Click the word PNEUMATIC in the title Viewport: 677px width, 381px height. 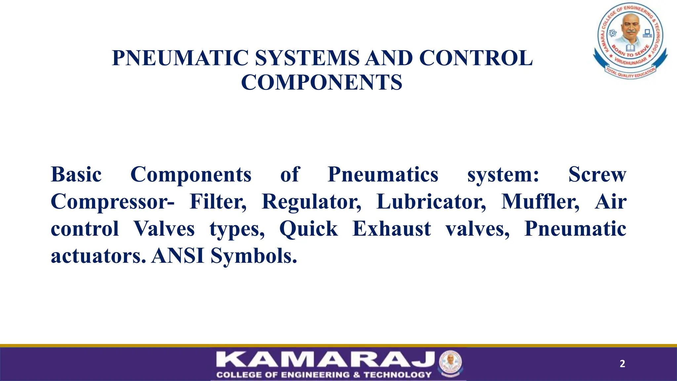pos(180,58)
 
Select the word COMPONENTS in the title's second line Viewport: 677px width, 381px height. pos(322,82)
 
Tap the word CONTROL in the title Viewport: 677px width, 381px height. pos(476,58)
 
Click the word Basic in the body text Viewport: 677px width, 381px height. pos(76,175)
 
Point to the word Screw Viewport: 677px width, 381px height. pos(597,175)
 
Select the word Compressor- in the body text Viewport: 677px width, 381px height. pos(112,202)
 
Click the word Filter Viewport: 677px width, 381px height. pos(218,202)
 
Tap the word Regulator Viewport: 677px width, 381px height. pos(311,202)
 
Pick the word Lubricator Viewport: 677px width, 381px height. pos(431,202)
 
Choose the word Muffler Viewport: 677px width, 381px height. pos(540,202)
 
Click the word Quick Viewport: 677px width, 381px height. pos(309,229)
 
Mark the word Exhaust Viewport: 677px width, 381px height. pos(392,229)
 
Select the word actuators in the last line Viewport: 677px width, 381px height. pos(98,256)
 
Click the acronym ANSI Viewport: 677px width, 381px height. pos(178,256)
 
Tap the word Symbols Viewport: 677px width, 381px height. pos(254,256)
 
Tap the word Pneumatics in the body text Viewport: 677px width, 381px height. pos(383,175)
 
